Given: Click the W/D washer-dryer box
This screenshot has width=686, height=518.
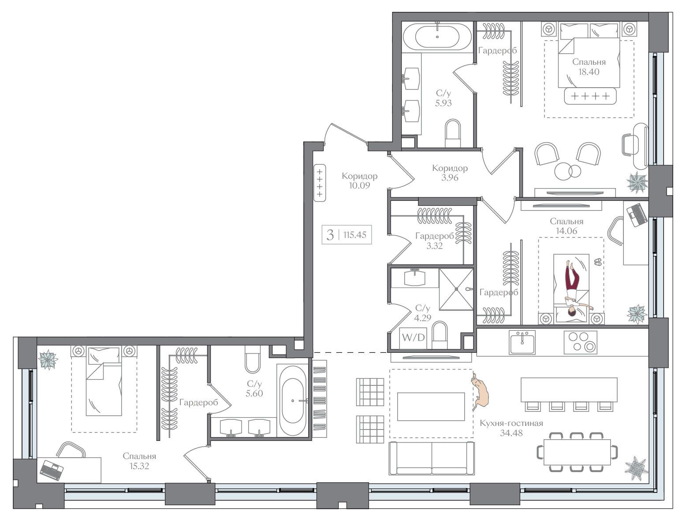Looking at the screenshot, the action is (413, 338).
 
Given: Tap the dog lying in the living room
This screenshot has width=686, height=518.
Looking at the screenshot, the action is (481, 391).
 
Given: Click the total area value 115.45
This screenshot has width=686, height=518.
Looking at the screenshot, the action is (355, 234).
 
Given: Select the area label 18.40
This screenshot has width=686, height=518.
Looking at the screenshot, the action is (589, 72).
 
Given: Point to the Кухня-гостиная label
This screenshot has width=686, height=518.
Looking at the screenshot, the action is (511, 423).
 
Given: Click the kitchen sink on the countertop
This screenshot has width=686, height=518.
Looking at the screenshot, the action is (522, 342).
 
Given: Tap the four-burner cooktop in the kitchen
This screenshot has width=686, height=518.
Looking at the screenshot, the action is (580, 342).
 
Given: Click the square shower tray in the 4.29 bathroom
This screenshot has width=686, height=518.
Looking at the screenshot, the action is (456, 289).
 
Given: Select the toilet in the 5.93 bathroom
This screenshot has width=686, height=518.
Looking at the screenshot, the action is (453, 133).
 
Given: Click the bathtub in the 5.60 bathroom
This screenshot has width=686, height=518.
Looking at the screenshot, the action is (293, 401).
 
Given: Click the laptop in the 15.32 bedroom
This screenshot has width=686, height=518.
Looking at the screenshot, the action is (52, 470).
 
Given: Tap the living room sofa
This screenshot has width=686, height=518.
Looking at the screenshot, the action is (432, 459).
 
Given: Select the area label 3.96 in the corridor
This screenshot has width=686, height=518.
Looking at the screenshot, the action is (450, 178).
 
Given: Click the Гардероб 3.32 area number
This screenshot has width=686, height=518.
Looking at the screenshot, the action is (434, 246).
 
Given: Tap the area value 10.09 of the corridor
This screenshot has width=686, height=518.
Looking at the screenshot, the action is (359, 185).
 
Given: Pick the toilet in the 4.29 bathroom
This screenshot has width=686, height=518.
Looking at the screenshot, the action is (440, 335).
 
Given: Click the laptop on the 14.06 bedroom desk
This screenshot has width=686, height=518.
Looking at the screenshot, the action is (637, 215).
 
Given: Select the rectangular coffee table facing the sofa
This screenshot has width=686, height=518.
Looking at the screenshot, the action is (431, 407).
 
